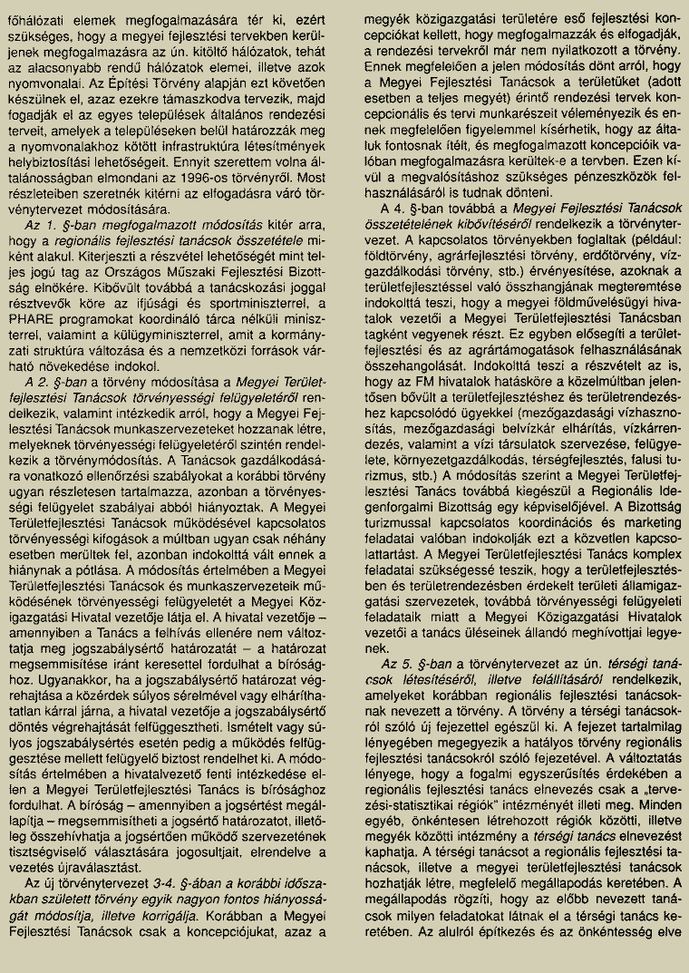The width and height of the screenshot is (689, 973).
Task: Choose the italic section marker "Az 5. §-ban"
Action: tap(417, 665)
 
